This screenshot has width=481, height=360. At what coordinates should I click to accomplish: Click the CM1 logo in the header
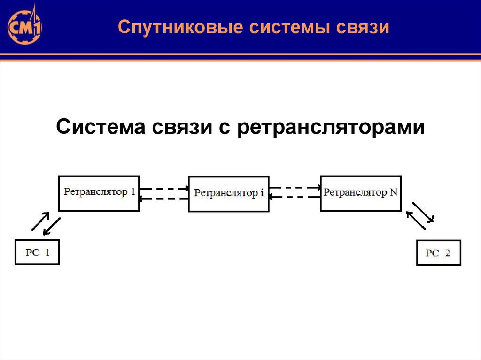24,27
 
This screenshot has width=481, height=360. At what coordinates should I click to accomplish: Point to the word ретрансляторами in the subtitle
331,128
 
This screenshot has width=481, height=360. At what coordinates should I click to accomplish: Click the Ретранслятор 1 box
99,193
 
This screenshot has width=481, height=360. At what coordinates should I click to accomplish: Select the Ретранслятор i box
229,194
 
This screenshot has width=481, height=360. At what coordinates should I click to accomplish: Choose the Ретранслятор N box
360,193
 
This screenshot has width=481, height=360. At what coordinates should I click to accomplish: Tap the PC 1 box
37,252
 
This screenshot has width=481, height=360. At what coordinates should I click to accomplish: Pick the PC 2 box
439,253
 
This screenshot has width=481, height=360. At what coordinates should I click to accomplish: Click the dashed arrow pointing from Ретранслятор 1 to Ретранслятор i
164,189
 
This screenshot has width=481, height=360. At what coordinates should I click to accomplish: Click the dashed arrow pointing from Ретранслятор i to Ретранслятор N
295,187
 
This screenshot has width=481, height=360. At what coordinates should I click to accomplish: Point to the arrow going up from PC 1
40,221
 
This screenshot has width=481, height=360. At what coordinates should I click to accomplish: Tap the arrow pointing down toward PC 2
423,212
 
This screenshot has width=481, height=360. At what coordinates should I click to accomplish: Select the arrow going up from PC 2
415,220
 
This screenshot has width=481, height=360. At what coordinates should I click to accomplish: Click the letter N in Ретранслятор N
394,192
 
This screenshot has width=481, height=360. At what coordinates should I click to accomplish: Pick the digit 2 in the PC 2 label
447,253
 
